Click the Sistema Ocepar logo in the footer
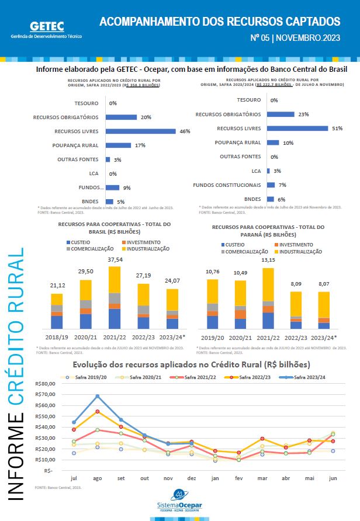click(180, 500)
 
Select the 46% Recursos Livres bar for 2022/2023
click(140, 131)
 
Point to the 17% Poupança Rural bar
click(119, 145)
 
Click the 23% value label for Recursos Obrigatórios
click(303, 114)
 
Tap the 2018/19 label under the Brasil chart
click(56, 337)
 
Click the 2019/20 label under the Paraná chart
click(212, 337)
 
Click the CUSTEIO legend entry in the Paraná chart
click(234, 244)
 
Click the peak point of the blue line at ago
click(98, 396)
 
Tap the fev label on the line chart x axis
click(238, 478)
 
